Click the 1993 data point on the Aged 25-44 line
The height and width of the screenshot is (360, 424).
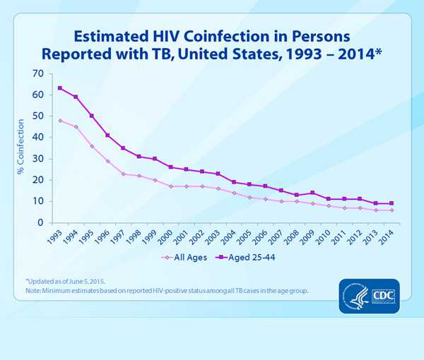pyautogui.click(x=60, y=88)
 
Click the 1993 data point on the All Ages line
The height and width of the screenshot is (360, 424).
pyautogui.click(x=60, y=121)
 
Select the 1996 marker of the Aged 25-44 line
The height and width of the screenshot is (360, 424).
pyautogui.click(x=107, y=135)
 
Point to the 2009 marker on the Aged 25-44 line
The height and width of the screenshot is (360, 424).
pyautogui.click(x=312, y=193)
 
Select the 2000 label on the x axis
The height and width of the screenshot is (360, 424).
pyautogui.click(x=167, y=236)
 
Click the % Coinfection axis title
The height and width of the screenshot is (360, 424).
pyautogui.click(x=20, y=148)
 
